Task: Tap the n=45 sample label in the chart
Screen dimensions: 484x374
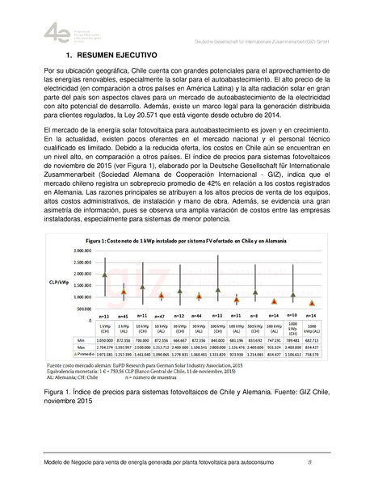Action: (124, 315)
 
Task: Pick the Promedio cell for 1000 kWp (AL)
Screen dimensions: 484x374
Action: (312, 355)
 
